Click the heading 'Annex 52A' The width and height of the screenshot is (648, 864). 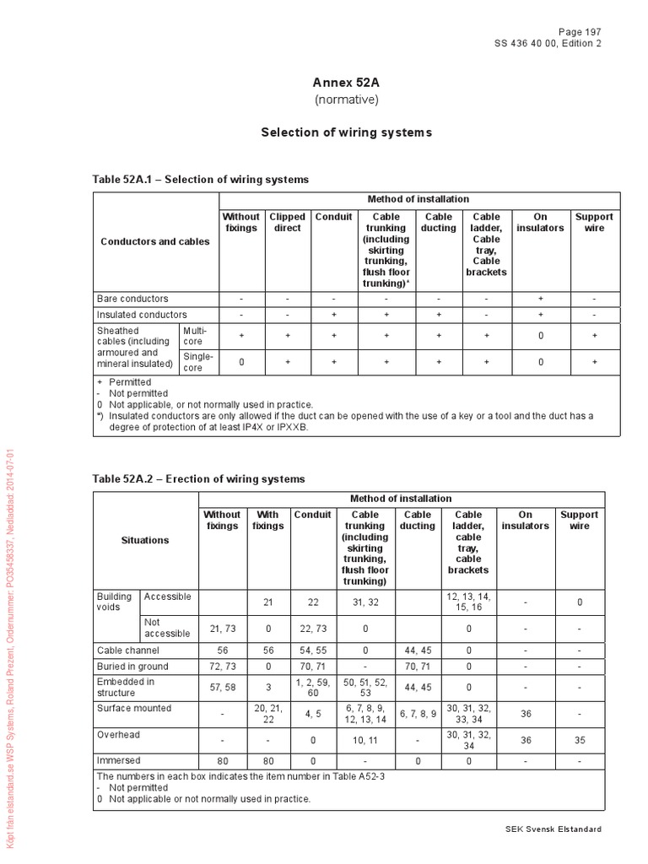pyautogui.click(x=347, y=84)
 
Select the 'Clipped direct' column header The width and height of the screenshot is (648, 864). pyautogui.click(x=287, y=223)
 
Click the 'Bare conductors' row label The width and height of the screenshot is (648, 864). pyautogui.click(x=132, y=299)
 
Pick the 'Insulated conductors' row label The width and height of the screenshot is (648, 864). pyautogui.click(x=141, y=315)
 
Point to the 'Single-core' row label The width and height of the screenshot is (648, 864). pyautogui.click(x=198, y=363)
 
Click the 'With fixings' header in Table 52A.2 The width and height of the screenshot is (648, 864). pyautogui.click(x=267, y=520)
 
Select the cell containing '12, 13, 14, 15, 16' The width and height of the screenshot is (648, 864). pyautogui.click(x=467, y=602)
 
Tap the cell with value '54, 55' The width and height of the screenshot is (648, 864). pyautogui.click(x=312, y=651)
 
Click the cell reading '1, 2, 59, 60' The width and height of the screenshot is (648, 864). pyautogui.click(x=312, y=687)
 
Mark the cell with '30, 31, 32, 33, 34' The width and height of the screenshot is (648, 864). pyautogui.click(x=467, y=714)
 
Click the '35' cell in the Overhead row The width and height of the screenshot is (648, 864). pyautogui.click(x=580, y=740)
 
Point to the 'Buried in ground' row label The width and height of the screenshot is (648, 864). pyautogui.click(x=132, y=667)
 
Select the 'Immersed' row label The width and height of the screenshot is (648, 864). pyautogui.click(x=118, y=760)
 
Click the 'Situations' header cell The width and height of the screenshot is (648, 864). pyautogui.click(x=145, y=540)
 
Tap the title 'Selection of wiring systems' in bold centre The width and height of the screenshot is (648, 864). pyautogui.click(x=346, y=132)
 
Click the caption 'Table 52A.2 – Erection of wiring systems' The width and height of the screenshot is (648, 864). pyautogui.click(x=198, y=479)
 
